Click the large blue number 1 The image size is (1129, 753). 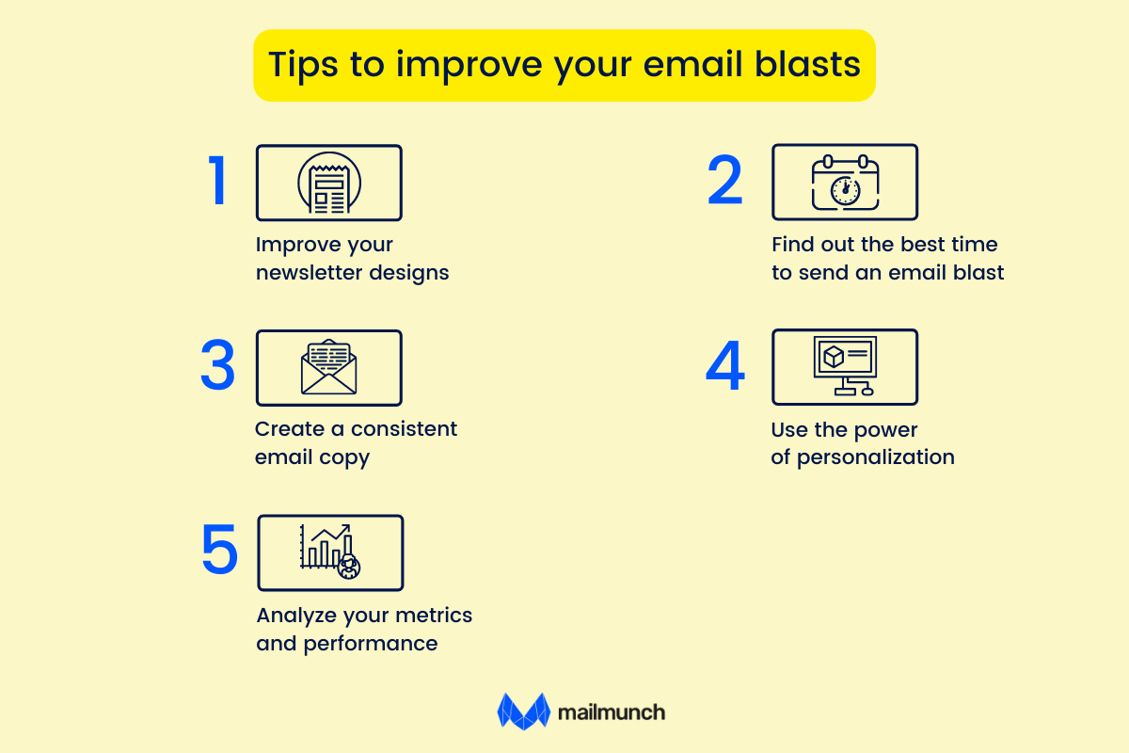click(218, 182)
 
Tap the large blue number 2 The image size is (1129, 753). click(724, 182)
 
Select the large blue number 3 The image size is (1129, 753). click(217, 367)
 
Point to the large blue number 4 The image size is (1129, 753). click(724, 367)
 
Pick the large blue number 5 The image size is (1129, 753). click(219, 552)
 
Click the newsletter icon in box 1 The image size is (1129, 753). click(328, 183)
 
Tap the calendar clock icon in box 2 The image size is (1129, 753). click(844, 184)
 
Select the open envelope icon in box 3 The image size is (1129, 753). click(328, 367)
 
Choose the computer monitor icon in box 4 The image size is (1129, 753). click(844, 366)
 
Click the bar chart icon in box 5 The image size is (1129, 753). click(329, 551)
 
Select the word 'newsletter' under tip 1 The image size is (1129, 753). click(310, 273)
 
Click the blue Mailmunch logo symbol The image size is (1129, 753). click(523, 712)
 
